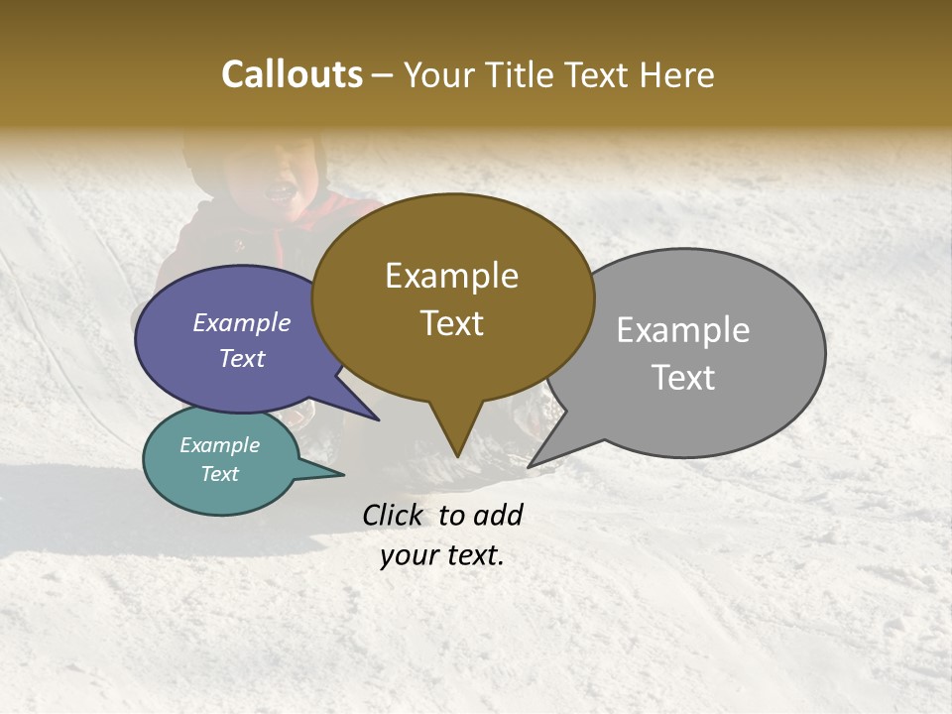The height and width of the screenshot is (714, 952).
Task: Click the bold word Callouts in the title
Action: coord(292,74)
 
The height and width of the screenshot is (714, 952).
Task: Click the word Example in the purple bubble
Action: coord(241,322)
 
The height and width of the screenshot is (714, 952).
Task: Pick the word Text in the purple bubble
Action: coord(241,358)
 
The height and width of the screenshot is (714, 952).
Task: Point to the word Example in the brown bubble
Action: coord(451,276)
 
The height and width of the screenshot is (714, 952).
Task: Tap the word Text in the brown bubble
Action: coord(451,323)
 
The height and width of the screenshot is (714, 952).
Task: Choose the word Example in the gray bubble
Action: coord(683,330)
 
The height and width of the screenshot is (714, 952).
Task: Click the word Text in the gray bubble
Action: coord(683,378)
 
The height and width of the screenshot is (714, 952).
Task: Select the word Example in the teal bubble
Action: coord(219,445)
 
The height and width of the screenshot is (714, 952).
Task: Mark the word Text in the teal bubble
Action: coord(219,474)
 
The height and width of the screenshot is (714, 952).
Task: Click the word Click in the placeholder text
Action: coord(394,515)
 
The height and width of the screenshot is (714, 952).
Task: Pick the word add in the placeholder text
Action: coord(498,515)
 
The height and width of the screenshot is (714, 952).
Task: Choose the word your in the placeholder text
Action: coord(408,555)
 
